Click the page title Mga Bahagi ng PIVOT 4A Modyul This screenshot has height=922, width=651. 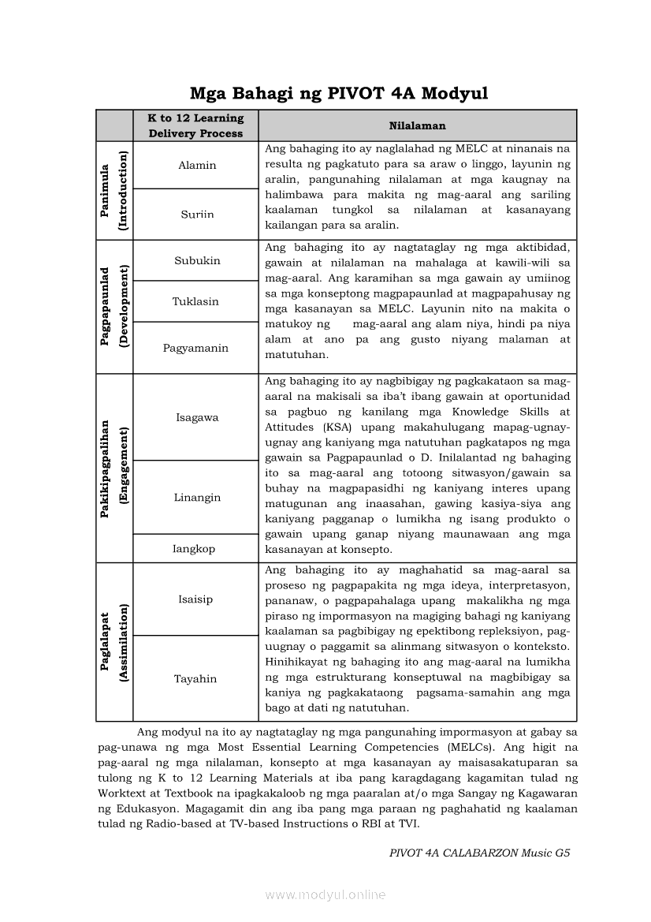(339, 94)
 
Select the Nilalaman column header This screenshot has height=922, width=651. (417, 125)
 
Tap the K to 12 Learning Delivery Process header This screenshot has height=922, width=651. (196, 125)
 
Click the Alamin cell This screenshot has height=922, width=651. (197, 166)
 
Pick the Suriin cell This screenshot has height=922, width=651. (197, 215)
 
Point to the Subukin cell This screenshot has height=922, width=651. (197, 261)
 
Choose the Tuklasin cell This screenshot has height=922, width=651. (196, 302)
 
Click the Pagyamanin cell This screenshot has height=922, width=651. (196, 348)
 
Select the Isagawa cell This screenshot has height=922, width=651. (197, 418)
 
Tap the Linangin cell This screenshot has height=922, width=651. (197, 498)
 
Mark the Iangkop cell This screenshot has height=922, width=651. (194, 549)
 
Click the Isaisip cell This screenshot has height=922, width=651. (195, 599)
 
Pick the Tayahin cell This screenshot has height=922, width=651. (195, 679)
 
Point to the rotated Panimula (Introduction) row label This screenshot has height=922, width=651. (114, 191)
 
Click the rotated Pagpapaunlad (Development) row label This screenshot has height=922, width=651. (114, 307)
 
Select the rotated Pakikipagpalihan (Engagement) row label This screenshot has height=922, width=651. (114, 468)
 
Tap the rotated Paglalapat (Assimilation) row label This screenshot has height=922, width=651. (114, 642)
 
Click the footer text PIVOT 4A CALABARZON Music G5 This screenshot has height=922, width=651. (479, 853)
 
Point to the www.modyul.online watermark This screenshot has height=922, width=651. (325, 895)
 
